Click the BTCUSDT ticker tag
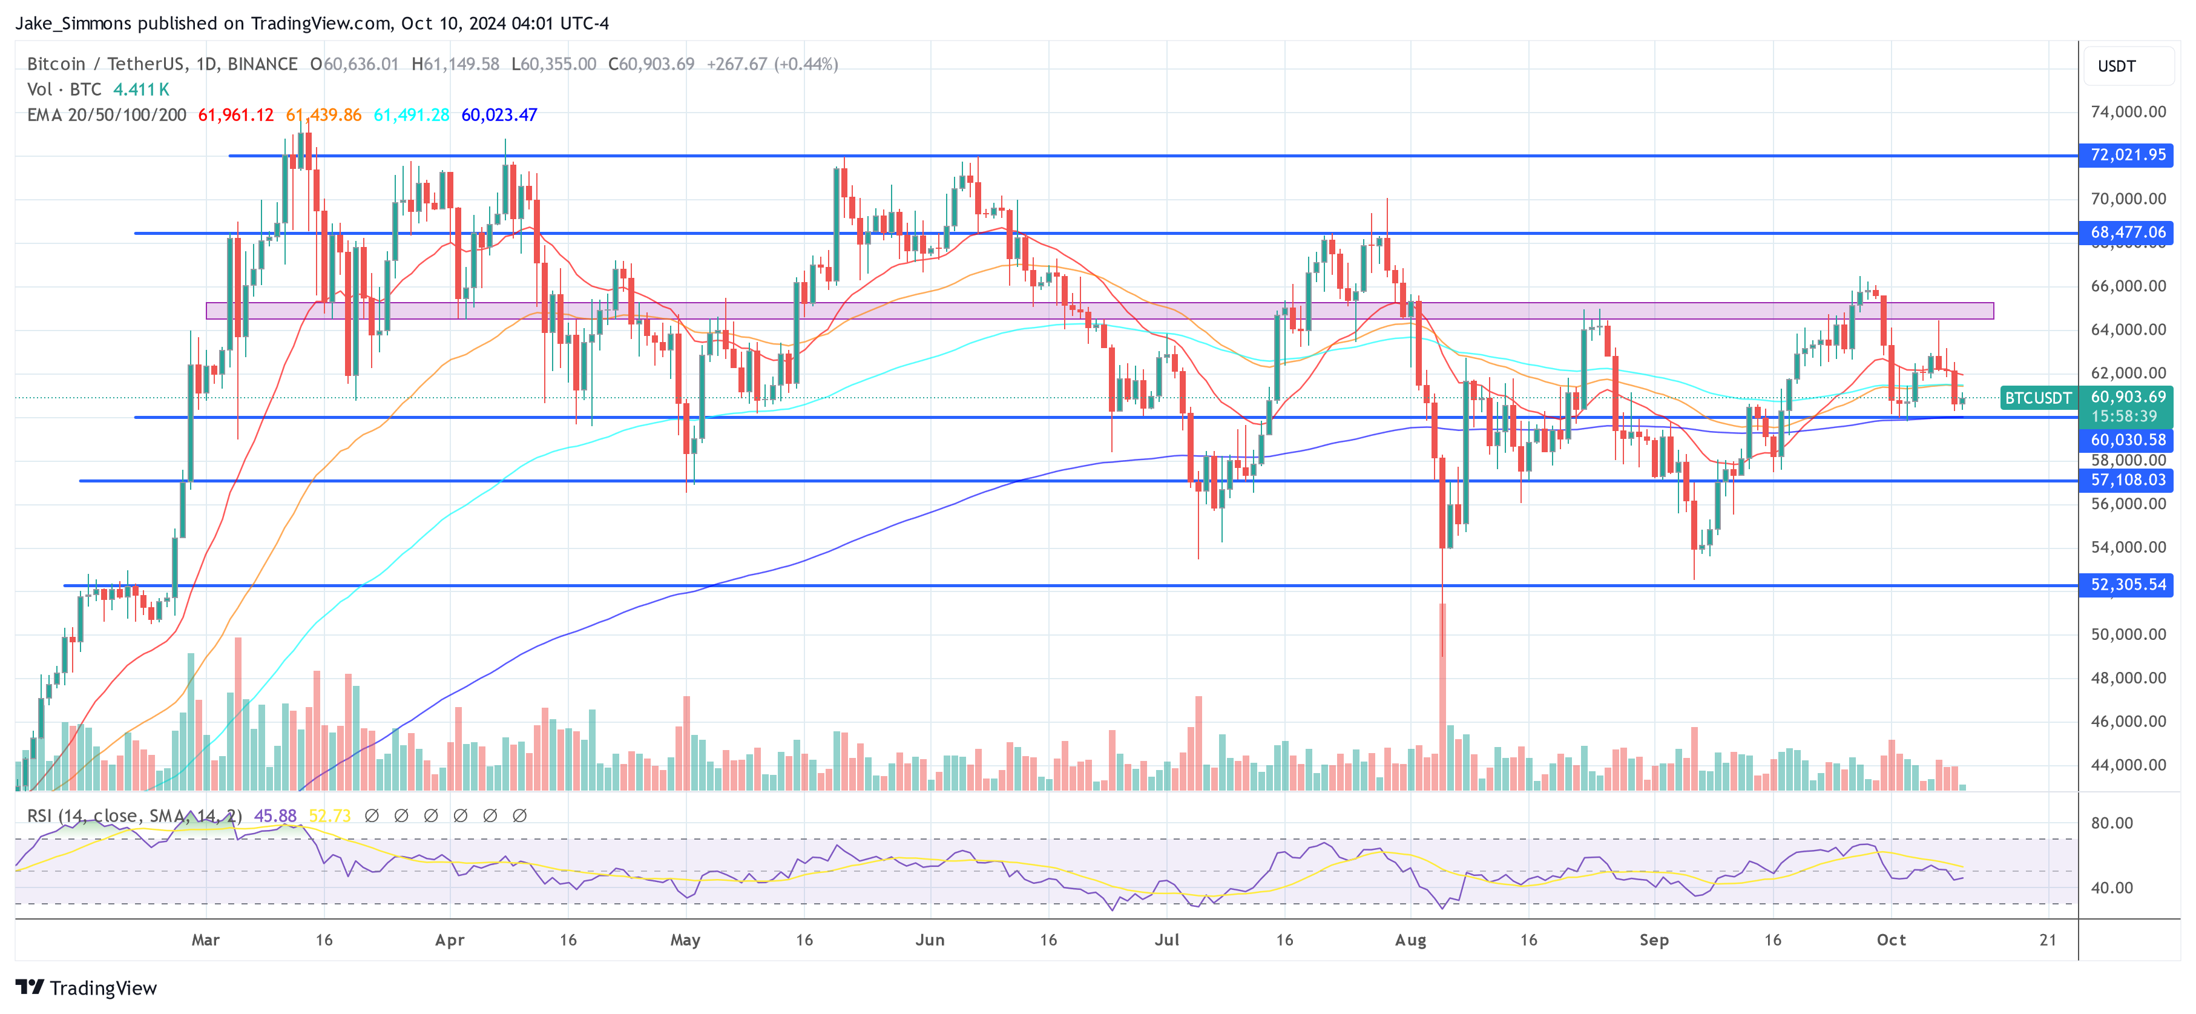coord(2037,398)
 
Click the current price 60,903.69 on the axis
coord(2128,397)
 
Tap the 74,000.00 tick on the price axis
coord(2128,112)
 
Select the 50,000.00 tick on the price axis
coord(2128,634)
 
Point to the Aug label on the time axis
coord(1410,940)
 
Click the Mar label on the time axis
coord(205,940)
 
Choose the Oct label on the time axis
coord(1891,940)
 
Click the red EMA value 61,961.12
coord(236,115)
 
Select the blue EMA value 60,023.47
coord(499,115)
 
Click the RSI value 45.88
coord(275,816)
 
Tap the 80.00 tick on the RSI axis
coord(2112,823)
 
